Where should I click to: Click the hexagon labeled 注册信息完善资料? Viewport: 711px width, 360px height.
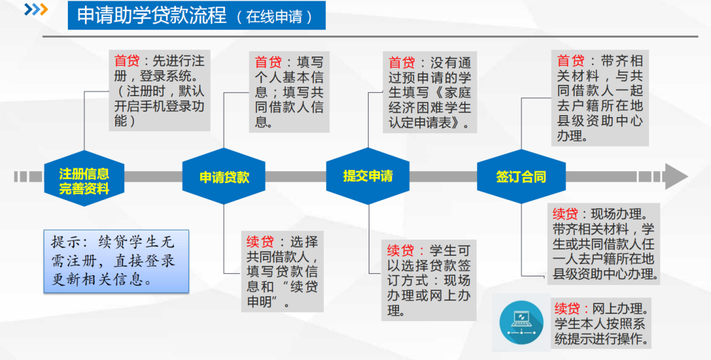[x=84, y=177]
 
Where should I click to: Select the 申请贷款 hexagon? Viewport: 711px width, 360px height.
[x=224, y=177]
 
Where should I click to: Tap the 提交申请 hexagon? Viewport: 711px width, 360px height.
[x=367, y=176]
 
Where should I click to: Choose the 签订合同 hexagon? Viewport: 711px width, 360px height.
[x=521, y=177]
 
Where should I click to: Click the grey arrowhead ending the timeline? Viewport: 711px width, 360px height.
[x=675, y=176]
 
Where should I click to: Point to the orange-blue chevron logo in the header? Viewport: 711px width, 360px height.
[x=36, y=10]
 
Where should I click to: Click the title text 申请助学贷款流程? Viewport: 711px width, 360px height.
[x=152, y=16]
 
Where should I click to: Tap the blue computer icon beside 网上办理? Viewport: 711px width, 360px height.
[x=521, y=321]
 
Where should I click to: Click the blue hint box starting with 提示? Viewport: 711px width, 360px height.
[x=116, y=261]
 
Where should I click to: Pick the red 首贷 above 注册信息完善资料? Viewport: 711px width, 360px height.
[x=127, y=61]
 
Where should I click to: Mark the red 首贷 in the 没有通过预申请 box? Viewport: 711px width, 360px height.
[x=402, y=63]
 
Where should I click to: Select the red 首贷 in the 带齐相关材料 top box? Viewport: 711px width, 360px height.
[x=570, y=61]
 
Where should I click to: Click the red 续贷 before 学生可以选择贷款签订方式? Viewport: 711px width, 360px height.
[x=400, y=251]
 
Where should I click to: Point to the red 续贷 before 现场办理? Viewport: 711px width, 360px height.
[x=566, y=214]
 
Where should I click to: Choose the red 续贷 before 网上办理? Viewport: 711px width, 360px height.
[x=567, y=308]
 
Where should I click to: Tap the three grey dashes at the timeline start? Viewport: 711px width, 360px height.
[x=29, y=176]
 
